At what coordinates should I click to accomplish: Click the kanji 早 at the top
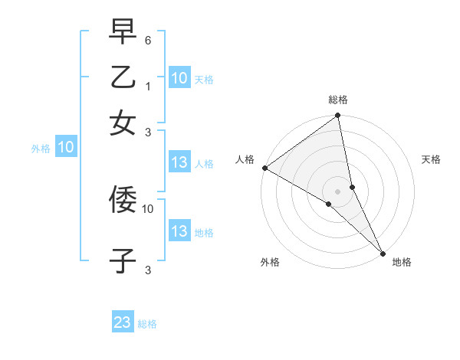pyautogui.click(x=123, y=32)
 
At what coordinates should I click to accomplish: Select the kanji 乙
pyautogui.click(x=123, y=78)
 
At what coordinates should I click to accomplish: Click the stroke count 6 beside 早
pyautogui.click(x=148, y=40)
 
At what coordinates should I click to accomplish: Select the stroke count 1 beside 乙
pyautogui.click(x=148, y=87)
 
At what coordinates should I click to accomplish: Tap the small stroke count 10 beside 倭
pyautogui.click(x=148, y=208)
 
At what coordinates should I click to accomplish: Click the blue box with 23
pyautogui.click(x=123, y=322)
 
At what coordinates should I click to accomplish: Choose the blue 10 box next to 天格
pyautogui.click(x=179, y=78)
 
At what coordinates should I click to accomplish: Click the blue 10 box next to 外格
pyautogui.click(x=65, y=148)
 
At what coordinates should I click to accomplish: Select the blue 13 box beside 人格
pyautogui.click(x=179, y=162)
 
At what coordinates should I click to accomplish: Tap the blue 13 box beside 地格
pyautogui.click(x=179, y=231)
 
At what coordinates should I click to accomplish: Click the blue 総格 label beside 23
pyautogui.click(x=148, y=324)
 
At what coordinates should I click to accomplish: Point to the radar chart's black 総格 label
pyautogui.click(x=338, y=100)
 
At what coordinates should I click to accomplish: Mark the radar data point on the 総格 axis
pyautogui.click(x=338, y=116)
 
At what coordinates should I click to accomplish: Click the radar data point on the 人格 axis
pyautogui.click(x=264, y=168)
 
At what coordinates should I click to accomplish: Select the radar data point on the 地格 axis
pyautogui.click(x=383, y=252)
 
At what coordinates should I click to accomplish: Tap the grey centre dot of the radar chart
pyautogui.click(x=338, y=191)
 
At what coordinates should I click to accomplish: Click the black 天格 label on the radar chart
pyautogui.click(x=432, y=159)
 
